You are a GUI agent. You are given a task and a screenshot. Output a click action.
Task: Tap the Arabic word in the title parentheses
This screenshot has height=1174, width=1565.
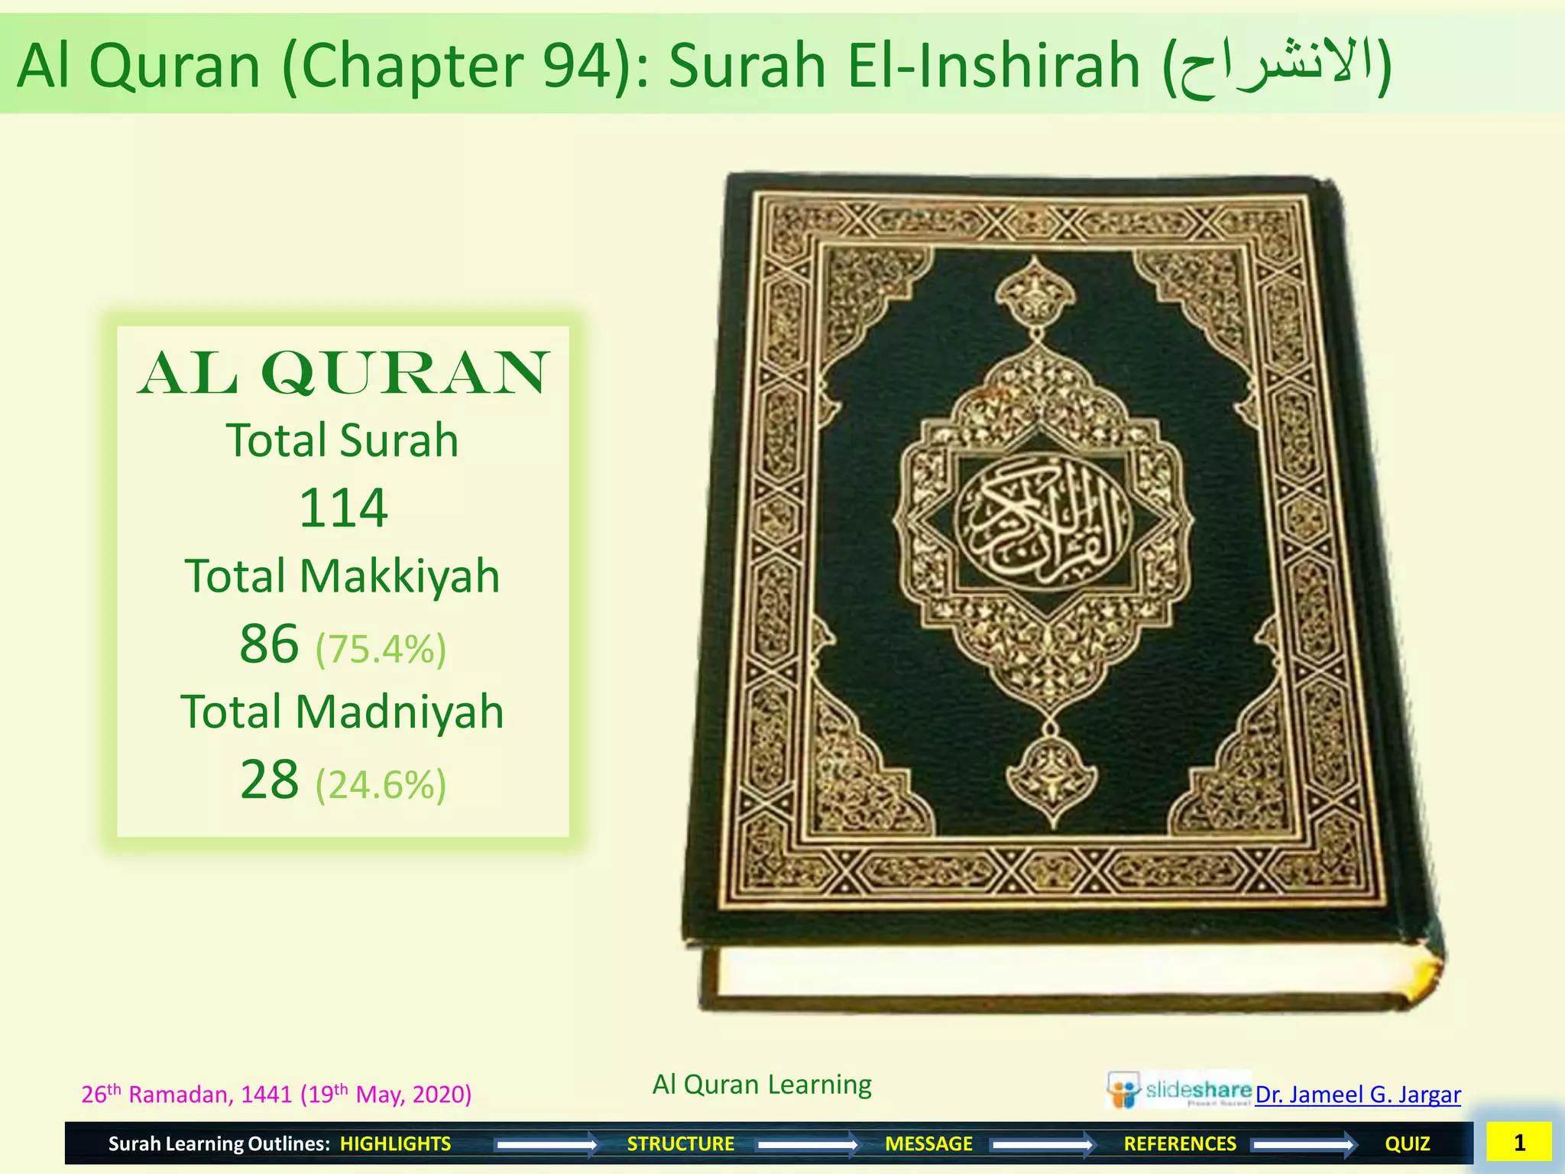pyautogui.click(x=1277, y=67)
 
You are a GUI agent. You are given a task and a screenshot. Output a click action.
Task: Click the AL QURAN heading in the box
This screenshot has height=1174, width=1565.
pyautogui.click(x=343, y=374)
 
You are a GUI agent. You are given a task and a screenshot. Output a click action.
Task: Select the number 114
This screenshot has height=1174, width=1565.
pyautogui.click(x=343, y=508)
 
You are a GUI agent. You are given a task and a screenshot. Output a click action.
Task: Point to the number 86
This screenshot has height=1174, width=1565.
pyautogui.click(x=269, y=644)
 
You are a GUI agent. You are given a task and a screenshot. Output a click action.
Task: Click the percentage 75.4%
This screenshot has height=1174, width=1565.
pyautogui.click(x=381, y=650)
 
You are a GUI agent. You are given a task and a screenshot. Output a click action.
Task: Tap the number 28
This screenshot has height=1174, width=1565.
pyautogui.click(x=269, y=780)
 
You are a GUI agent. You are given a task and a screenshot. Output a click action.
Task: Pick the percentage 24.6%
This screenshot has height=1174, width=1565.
pyautogui.click(x=381, y=785)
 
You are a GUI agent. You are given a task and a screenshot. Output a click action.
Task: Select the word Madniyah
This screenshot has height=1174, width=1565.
pyautogui.click(x=399, y=712)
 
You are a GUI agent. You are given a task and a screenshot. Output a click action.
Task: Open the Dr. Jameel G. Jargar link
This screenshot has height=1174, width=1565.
pyautogui.click(x=1357, y=1095)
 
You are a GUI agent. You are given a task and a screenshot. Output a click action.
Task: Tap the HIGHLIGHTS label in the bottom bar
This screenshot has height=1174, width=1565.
pyautogui.click(x=395, y=1143)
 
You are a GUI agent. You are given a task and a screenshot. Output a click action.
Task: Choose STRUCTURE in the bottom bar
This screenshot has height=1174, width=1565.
pyautogui.click(x=680, y=1143)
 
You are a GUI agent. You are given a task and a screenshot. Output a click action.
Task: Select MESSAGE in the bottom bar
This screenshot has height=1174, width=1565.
pyautogui.click(x=928, y=1143)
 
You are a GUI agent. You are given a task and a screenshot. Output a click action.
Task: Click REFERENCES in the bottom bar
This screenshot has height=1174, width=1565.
pyautogui.click(x=1179, y=1143)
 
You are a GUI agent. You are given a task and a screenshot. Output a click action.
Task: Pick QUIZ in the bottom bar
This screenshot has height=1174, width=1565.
pyautogui.click(x=1407, y=1143)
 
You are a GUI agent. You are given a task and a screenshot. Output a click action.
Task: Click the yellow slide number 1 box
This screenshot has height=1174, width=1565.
pyautogui.click(x=1518, y=1143)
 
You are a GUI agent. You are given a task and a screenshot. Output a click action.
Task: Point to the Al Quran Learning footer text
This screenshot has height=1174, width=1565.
pyautogui.click(x=762, y=1085)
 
